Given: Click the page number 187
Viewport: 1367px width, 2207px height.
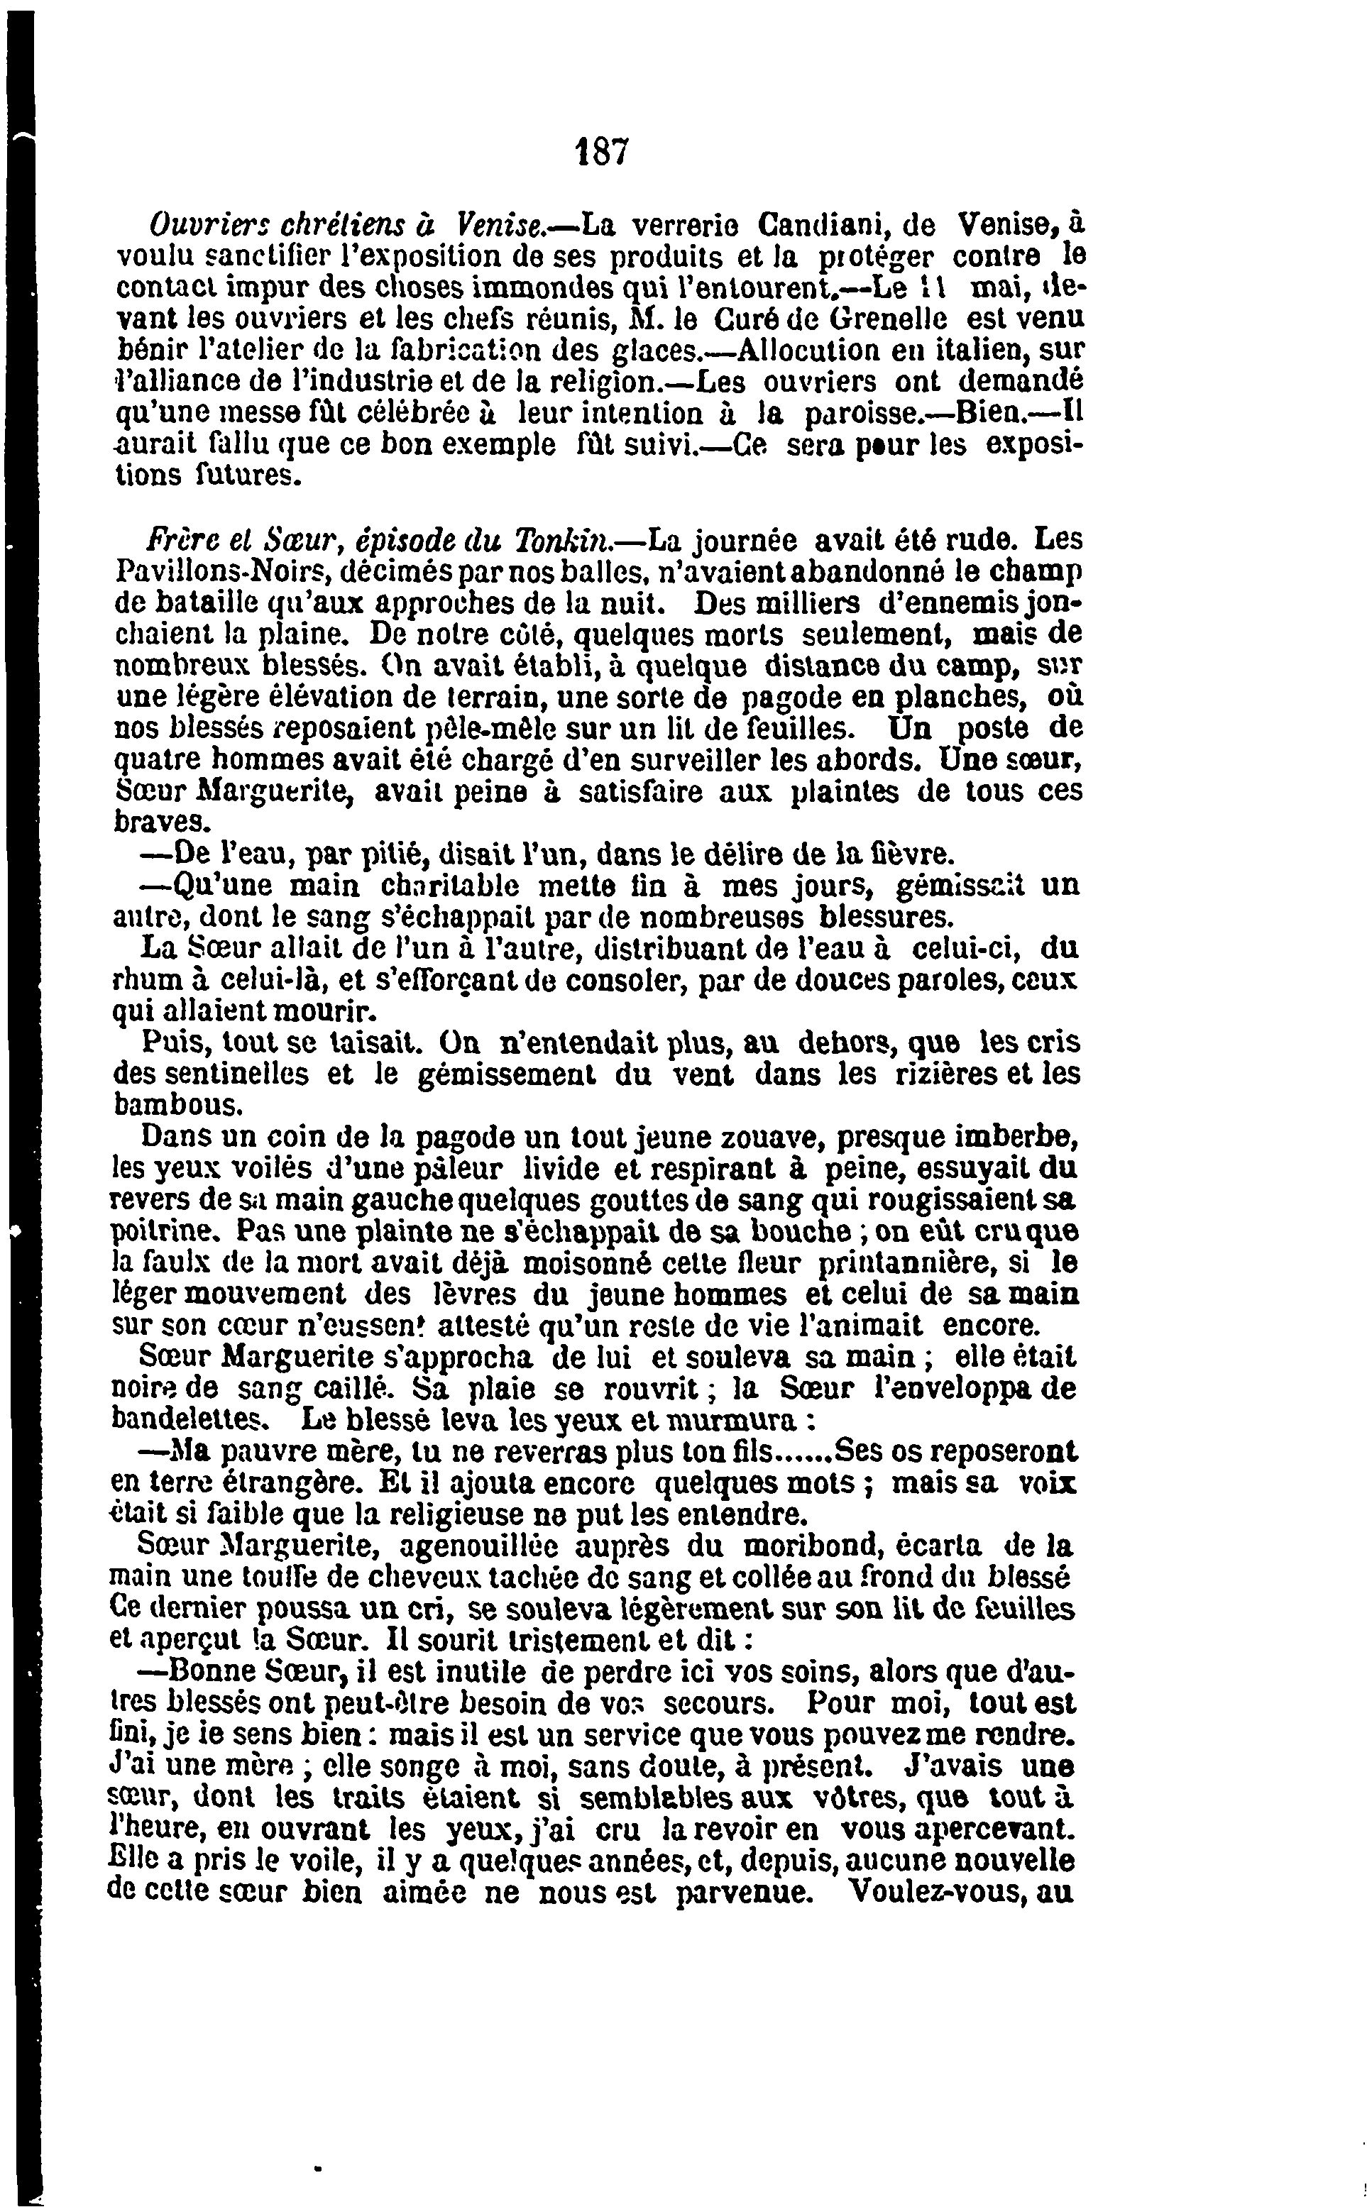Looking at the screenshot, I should click(601, 151).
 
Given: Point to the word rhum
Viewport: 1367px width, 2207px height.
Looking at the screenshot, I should click(140, 981).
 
